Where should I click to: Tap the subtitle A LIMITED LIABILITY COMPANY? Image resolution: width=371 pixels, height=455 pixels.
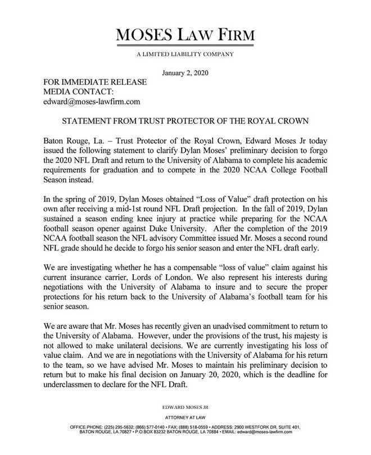tap(185, 54)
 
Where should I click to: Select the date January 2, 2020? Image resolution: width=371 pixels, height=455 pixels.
tap(185, 74)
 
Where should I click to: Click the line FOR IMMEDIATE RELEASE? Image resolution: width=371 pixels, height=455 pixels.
tap(95, 83)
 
